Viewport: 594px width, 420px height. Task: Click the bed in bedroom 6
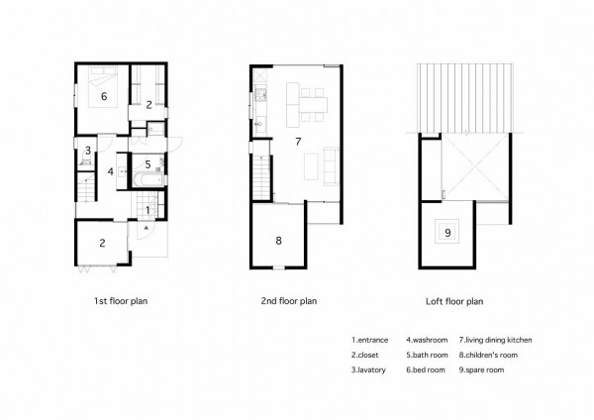(103, 87)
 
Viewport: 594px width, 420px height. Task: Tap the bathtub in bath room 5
(148, 179)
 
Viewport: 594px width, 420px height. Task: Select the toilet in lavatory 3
(85, 162)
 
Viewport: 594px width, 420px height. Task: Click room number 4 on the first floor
(110, 171)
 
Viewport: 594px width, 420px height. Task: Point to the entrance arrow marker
(146, 228)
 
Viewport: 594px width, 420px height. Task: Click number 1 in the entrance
(148, 210)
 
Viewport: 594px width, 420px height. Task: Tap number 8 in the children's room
(278, 241)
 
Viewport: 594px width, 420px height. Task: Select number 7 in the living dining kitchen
(298, 142)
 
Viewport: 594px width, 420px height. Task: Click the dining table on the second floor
(314, 105)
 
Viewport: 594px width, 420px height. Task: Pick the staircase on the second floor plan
(261, 177)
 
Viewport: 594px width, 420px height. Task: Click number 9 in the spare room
(447, 233)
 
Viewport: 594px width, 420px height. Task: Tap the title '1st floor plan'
(121, 301)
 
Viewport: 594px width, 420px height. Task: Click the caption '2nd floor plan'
(289, 301)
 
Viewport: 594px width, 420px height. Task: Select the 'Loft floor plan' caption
(454, 301)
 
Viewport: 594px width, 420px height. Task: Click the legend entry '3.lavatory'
(368, 369)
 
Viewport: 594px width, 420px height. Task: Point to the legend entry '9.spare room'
(481, 369)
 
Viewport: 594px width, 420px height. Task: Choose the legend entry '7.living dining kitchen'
(496, 340)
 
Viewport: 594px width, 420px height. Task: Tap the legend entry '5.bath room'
(427, 355)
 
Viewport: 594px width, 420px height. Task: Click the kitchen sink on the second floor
(259, 124)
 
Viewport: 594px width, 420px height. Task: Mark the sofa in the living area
(331, 166)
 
